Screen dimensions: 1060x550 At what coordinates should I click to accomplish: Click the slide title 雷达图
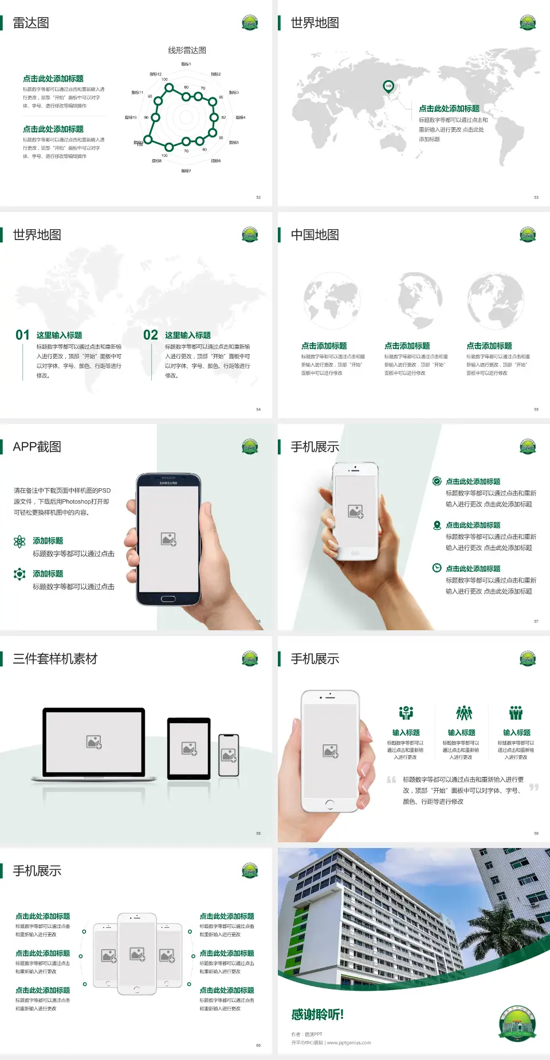point(31,23)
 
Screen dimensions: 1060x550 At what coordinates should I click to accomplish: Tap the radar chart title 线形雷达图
point(187,50)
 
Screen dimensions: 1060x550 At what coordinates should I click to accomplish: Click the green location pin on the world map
point(388,87)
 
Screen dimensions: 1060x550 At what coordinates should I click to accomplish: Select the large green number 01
point(22,335)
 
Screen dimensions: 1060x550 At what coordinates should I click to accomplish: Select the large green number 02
point(151,335)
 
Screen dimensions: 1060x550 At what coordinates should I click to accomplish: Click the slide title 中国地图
point(315,235)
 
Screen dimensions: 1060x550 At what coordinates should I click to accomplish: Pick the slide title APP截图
point(37,447)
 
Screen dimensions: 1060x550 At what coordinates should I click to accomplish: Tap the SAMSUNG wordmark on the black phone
point(168,483)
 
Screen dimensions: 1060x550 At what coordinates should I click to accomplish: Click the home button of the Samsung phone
point(168,599)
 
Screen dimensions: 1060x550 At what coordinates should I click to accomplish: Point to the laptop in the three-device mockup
point(94,744)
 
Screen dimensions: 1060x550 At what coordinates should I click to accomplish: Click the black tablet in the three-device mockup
point(189,748)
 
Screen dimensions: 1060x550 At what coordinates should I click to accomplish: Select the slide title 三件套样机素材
point(55,659)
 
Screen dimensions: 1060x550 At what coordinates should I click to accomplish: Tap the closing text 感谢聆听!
point(317,1015)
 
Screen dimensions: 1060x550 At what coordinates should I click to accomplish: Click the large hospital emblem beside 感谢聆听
point(517,1023)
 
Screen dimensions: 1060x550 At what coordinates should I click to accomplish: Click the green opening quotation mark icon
point(391,779)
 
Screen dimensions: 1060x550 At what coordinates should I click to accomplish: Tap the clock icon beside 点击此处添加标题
point(437,568)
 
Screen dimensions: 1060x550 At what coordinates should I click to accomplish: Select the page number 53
point(536,197)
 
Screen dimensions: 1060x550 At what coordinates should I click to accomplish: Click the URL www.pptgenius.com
point(349,1043)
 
